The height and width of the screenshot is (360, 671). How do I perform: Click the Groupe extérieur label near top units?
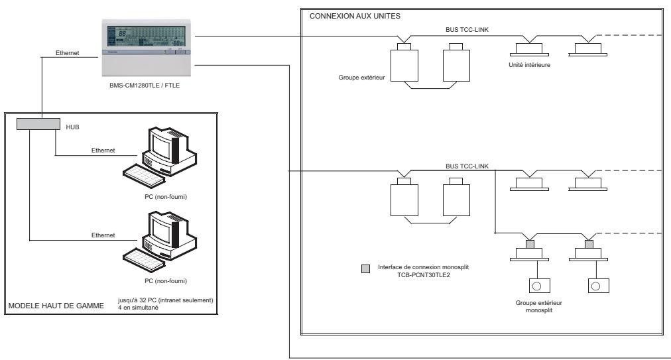pos(361,77)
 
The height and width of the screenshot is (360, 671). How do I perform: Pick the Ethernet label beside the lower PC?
pos(101,235)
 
